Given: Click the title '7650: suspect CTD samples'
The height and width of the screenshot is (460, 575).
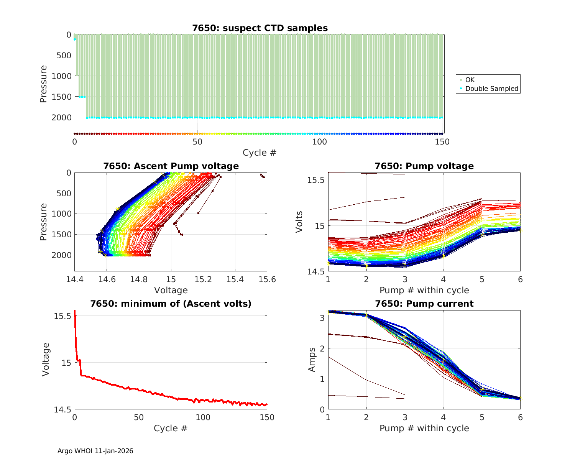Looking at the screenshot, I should [x=260, y=28].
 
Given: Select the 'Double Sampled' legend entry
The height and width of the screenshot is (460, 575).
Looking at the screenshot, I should [x=491, y=89].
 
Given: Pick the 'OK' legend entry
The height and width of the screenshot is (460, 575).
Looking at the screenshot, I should [x=470, y=80].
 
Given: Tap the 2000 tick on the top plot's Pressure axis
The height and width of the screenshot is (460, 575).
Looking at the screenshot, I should [x=61, y=117].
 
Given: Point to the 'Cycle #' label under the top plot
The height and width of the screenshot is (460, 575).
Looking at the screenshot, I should [x=260, y=153].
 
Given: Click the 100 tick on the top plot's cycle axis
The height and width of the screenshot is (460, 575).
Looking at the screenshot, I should [x=320, y=142].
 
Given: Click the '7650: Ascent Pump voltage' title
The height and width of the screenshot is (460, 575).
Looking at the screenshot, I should [x=171, y=166].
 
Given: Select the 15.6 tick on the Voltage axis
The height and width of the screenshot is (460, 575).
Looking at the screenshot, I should [x=267, y=279].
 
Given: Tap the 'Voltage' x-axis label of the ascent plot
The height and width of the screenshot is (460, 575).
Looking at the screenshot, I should [x=171, y=290].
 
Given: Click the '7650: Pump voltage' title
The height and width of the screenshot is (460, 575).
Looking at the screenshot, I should [x=424, y=166].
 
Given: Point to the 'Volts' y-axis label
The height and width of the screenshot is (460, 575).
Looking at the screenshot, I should [x=299, y=222].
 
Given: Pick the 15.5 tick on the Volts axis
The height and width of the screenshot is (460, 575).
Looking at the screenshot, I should [x=316, y=180].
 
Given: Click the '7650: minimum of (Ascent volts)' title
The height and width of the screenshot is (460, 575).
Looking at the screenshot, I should [x=171, y=304].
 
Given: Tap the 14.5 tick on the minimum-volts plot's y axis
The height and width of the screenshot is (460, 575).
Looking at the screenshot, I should [x=62, y=410].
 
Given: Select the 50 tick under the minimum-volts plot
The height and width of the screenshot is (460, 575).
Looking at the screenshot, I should [x=139, y=417].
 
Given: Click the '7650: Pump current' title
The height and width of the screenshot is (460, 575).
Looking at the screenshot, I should [x=424, y=304].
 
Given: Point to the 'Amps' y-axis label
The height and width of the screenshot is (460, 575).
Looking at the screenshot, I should [x=312, y=359].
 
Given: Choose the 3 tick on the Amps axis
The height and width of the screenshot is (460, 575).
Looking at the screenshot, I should [x=322, y=318].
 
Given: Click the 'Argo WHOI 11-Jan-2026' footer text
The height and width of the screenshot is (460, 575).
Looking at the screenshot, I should [x=95, y=451].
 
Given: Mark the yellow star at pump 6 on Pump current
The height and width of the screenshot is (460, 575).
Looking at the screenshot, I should [x=520, y=398].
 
